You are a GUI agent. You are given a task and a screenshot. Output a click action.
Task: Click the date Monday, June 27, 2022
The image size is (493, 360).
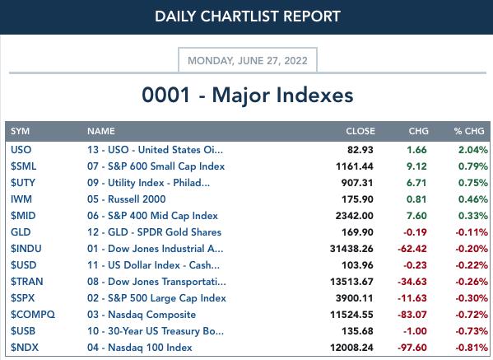248,60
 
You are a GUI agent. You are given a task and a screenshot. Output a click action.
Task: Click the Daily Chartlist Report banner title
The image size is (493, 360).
248,16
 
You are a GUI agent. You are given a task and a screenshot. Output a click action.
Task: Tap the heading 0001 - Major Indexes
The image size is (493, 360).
248,95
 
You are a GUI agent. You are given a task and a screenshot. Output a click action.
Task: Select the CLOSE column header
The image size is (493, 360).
360,131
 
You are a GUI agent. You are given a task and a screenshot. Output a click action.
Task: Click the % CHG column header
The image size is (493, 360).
469,131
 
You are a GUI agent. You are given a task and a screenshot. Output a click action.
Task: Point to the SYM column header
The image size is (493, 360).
20,131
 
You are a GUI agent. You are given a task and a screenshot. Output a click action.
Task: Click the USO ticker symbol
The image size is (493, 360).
21,149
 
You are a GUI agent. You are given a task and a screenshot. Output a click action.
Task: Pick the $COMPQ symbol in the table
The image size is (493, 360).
33,315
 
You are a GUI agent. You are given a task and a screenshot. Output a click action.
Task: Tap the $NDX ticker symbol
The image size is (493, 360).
25,348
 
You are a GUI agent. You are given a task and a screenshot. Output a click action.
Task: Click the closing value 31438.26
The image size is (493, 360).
351,249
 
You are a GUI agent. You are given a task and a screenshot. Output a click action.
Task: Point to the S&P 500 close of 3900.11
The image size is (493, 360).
355,298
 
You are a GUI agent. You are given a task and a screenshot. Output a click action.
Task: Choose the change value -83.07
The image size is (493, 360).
412,315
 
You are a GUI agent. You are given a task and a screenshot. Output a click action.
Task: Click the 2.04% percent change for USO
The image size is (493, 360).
473,149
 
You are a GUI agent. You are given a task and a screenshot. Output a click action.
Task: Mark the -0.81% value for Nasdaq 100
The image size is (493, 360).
472,348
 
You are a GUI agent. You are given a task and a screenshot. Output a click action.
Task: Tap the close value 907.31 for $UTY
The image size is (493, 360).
357,183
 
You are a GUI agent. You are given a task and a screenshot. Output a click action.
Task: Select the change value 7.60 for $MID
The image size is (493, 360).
416,216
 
